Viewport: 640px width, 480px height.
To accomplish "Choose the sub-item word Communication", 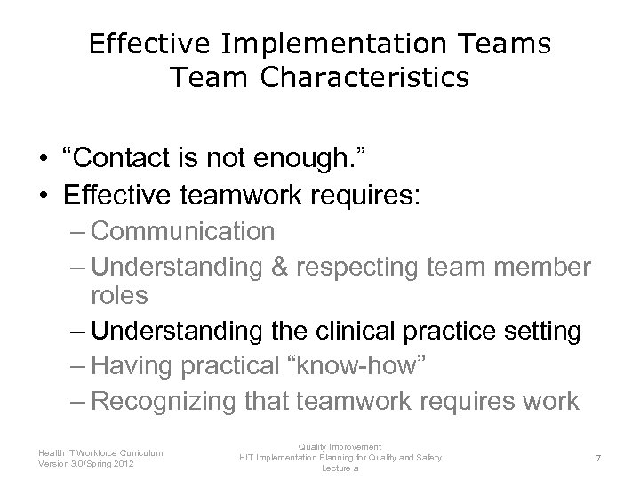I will (x=182, y=232).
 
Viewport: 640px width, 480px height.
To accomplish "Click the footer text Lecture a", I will (x=340, y=468).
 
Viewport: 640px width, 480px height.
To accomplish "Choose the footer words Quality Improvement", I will (x=340, y=447).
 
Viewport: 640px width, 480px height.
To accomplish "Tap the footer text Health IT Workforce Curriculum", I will (x=100, y=452).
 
